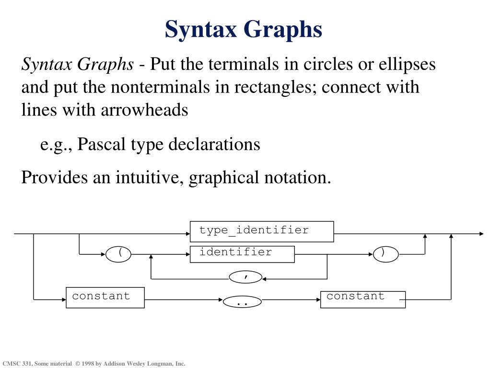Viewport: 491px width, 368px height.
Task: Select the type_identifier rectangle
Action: [x=262, y=231]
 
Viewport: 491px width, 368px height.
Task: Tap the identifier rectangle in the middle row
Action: [x=242, y=253]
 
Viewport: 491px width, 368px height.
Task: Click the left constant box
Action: [x=105, y=297]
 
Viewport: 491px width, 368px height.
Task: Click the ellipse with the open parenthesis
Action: [x=118, y=254]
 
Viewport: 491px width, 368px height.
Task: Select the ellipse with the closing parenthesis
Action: [x=386, y=254]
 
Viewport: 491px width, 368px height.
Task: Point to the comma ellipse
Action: [x=246, y=276]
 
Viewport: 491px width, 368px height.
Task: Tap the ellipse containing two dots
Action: [x=242, y=302]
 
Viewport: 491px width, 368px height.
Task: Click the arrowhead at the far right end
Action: [x=481, y=234]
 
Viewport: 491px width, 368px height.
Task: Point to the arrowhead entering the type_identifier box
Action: [x=187, y=234]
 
